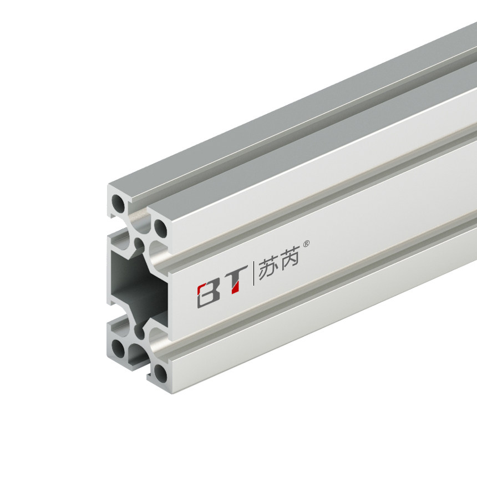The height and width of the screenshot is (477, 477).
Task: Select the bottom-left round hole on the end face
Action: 118,348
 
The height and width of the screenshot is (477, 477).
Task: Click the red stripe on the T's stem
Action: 235,286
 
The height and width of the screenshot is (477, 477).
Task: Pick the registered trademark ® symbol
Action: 311,243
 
